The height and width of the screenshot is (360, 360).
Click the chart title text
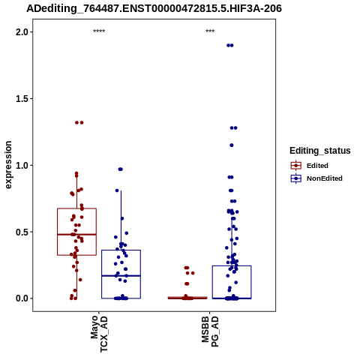(x=154, y=8)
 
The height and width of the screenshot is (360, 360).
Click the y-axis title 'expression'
(x=8, y=165)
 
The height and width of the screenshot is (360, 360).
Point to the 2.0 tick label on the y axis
(x=21, y=32)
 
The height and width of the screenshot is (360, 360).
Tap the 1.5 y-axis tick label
(x=21, y=99)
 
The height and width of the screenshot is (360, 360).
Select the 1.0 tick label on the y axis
(x=21, y=165)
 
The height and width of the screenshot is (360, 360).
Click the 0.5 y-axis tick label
(x=21, y=232)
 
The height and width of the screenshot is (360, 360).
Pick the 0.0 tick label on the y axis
(x=21, y=298)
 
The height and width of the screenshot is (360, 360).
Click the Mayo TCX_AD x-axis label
(x=99, y=334)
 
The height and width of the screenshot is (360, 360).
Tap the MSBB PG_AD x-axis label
(x=210, y=331)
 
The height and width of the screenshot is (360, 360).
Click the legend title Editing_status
(x=320, y=151)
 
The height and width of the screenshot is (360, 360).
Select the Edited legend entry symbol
(x=296, y=166)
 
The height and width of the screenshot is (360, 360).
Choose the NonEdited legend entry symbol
(x=296, y=178)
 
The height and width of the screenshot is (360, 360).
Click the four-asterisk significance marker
(x=99, y=31)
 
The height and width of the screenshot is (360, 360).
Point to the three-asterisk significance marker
(x=210, y=31)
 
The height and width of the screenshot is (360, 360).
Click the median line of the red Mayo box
(x=76, y=235)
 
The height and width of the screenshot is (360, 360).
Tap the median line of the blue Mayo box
(x=121, y=276)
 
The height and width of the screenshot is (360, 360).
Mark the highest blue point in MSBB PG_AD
(x=230, y=45)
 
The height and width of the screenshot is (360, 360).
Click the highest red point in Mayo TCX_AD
(x=79, y=122)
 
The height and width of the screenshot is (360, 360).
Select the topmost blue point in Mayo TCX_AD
(x=121, y=169)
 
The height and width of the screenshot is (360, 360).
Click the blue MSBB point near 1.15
(x=232, y=145)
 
